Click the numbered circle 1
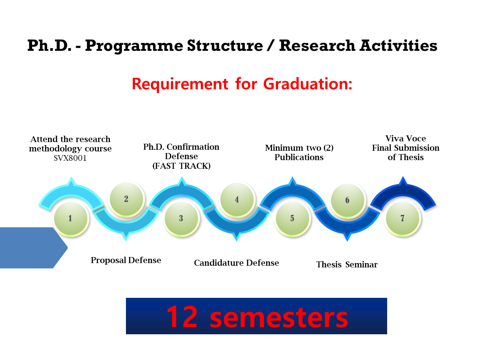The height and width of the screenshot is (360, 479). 71,219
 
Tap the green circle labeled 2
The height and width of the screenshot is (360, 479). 126,199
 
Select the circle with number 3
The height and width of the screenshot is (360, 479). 181,219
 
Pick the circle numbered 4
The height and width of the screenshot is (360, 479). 237,200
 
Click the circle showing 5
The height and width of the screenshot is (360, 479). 292,219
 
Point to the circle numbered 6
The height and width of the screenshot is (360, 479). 347,200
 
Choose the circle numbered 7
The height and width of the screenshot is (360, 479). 403,219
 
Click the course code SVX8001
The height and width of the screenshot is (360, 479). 70,158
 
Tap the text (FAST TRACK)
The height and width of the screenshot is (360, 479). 181,166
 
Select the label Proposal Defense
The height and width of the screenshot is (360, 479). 126,260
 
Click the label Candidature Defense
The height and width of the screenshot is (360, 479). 236,263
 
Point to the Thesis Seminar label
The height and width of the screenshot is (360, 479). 347,264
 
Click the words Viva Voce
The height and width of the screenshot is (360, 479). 406,138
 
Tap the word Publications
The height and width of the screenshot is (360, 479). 299,157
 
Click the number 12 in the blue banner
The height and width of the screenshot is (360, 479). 182,317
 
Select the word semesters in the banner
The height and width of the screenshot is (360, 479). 279,318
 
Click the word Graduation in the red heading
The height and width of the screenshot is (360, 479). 308,84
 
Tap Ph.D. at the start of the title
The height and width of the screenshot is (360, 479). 49,46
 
